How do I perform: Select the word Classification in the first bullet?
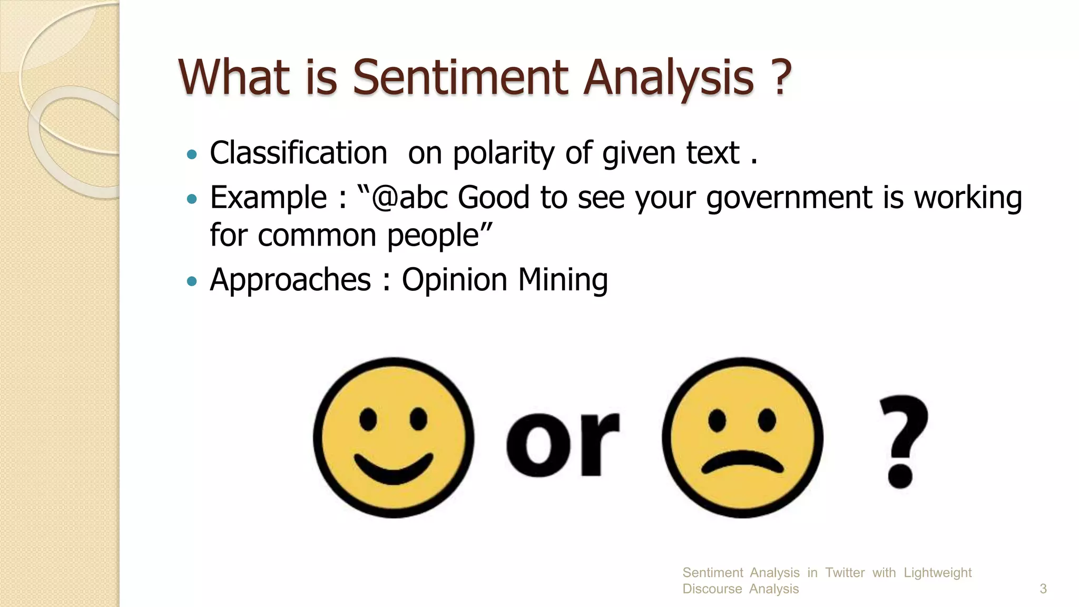tap(298, 153)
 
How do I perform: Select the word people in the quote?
tap(433, 235)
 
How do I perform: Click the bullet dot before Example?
tap(192, 199)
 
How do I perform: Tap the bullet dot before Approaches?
tap(192, 281)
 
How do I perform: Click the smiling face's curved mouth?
tap(393, 469)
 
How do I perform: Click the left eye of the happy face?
tap(368, 419)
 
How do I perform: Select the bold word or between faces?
tap(562, 443)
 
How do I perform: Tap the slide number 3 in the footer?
tap(1043, 589)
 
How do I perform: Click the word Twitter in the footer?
tap(845, 573)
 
